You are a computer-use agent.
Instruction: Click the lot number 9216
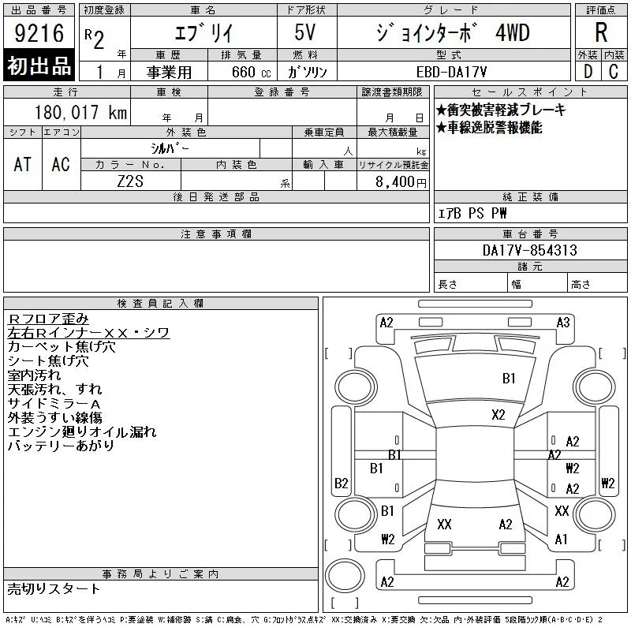(x=39, y=33)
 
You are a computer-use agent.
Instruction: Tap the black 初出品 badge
(x=39, y=65)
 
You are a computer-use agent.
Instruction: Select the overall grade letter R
(x=601, y=32)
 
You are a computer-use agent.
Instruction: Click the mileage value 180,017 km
(x=80, y=112)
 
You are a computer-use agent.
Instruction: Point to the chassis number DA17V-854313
(x=530, y=250)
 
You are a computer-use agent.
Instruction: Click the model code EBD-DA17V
(x=451, y=72)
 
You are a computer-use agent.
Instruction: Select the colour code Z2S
(x=130, y=181)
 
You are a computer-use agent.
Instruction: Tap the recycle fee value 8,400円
(x=401, y=182)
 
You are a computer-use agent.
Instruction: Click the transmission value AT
(x=22, y=164)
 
